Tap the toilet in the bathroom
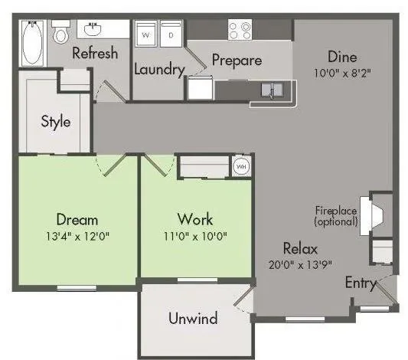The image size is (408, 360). pyautogui.click(x=60, y=32)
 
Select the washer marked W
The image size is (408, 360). pyautogui.click(x=147, y=34)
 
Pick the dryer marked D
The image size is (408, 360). pyautogui.click(x=171, y=34)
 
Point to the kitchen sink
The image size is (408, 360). pyautogui.click(x=272, y=91)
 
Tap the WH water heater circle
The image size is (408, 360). pyautogui.click(x=240, y=166)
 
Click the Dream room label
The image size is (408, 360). pyautogui.click(x=77, y=220)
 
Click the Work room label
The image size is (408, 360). pyautogui.click(x=194, y=220)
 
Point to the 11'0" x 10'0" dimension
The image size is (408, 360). pyautogui.click(x=194, y=235)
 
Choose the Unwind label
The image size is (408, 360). pyautogui.click(x=192, y=318)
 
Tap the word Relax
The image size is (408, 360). pyautogui.click(x=300, y=248)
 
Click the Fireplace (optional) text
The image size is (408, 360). pyautogui.click(x=336, y=216)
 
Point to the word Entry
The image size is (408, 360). pyautogui.click(x=361, y=283)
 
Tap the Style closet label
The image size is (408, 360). pyautogui.click(x=55, y=121)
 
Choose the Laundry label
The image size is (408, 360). pyautogui.click(x=159, y=70)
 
